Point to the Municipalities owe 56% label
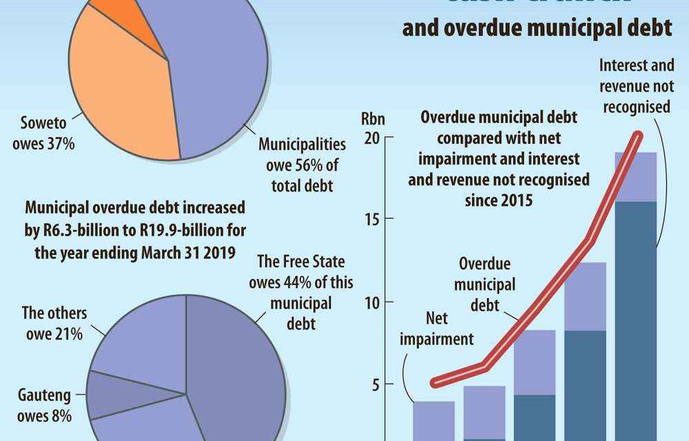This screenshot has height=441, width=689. point(292,165)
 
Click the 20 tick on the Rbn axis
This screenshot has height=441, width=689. point(371,138)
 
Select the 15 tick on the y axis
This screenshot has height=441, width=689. point(371,219)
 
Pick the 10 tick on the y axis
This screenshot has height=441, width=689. point(371,302)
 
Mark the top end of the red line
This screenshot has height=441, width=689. point(639,136)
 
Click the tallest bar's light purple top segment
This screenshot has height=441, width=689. point(635,176)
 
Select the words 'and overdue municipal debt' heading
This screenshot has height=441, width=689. point(537,29)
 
